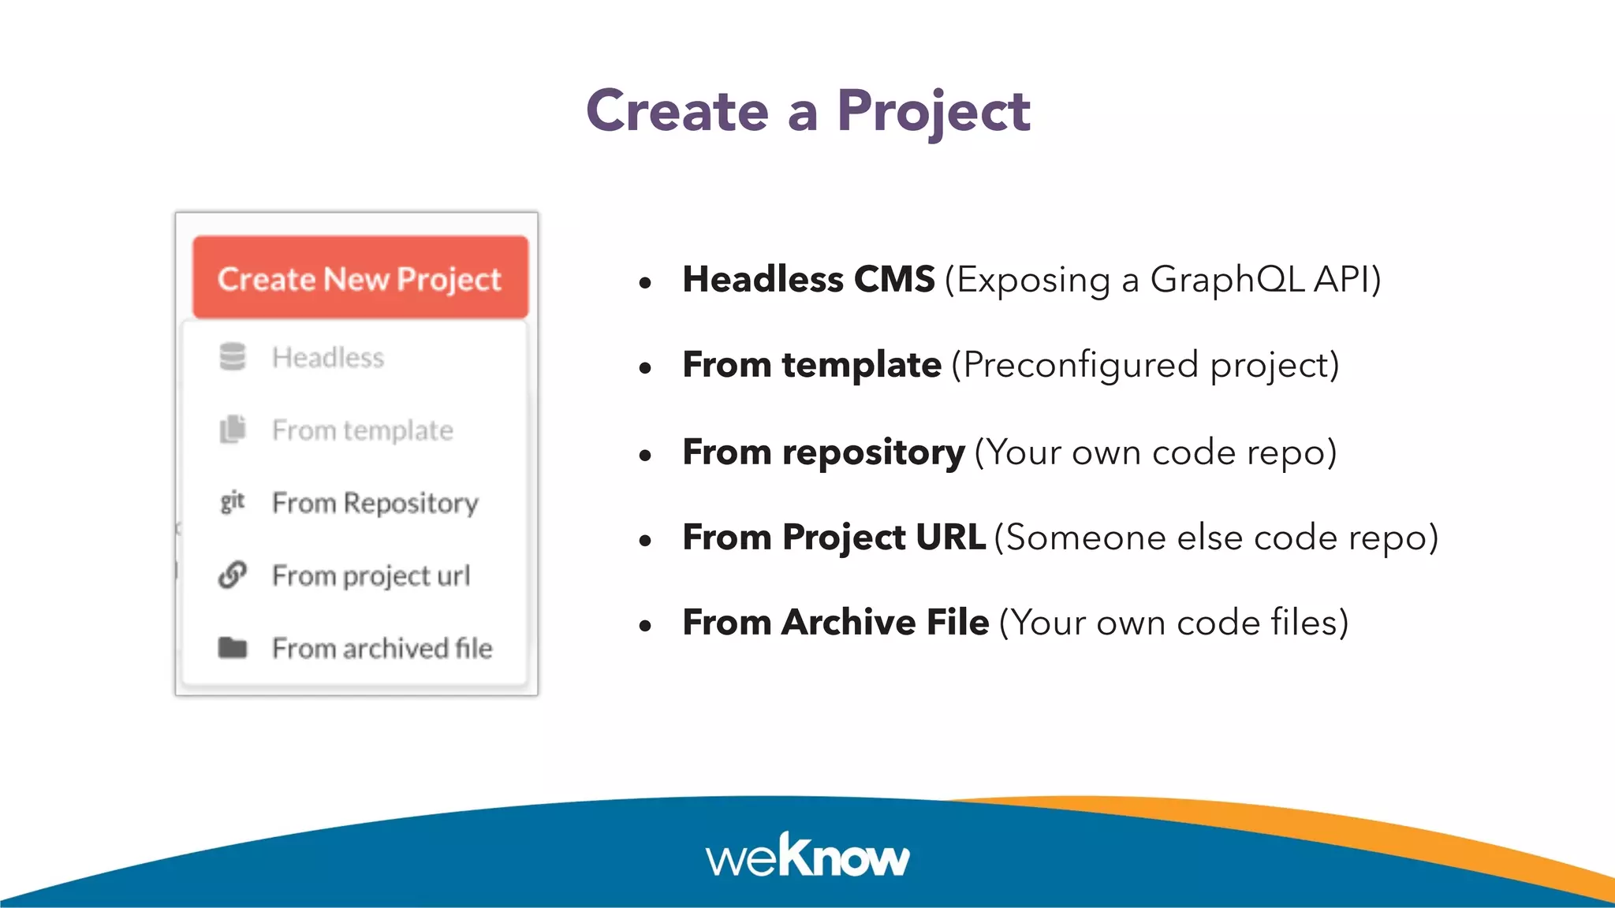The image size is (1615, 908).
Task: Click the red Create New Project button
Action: coord(360,277)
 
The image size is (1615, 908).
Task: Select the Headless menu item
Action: coord(328,358)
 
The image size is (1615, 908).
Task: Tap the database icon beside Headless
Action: coord(233,357)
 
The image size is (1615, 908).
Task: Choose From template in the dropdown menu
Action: coord(363,430)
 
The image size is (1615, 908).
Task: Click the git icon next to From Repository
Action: coord(233,501)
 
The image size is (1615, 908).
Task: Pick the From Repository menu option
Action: coord(375,503)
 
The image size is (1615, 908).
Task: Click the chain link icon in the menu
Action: coord(233,575)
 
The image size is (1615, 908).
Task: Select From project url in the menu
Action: coord(371,576)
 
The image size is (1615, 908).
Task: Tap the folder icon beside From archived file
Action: coord(233,648)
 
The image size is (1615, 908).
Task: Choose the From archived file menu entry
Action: coord(382,649)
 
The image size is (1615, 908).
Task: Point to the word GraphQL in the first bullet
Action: coord(1227,279)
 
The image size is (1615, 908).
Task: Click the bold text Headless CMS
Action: coord(808,279)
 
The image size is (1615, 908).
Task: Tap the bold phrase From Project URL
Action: coord(834,538)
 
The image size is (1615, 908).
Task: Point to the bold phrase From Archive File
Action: coord(835,623)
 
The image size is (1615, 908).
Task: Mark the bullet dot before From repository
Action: coord(646,455)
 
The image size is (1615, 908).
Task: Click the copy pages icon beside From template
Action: coord(233,430)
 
